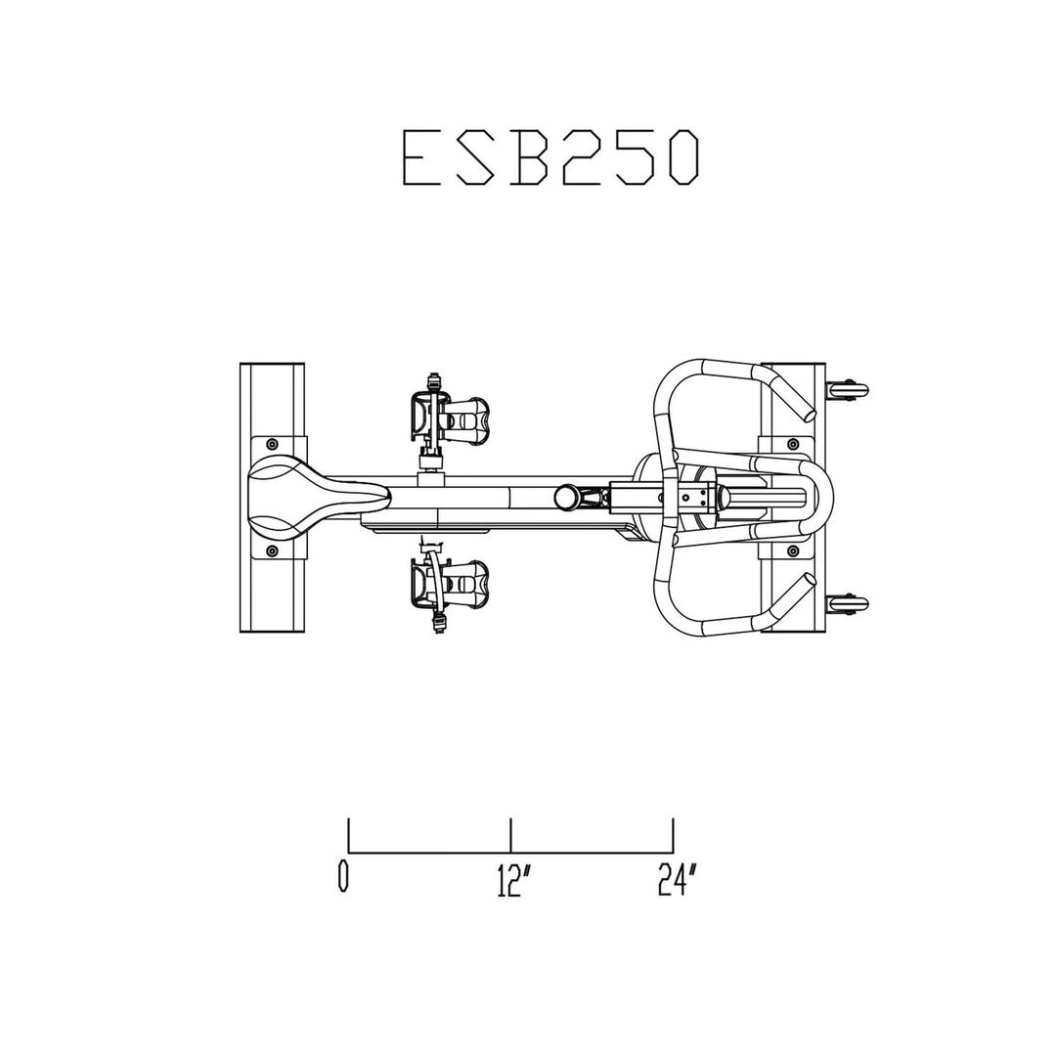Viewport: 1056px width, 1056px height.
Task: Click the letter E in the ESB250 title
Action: pos(424,157)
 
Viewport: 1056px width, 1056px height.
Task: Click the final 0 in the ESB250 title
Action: pos(684,157)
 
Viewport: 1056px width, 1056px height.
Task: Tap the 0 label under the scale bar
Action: pos(343,877)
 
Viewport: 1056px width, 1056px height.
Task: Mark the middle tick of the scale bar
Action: pos(510,835)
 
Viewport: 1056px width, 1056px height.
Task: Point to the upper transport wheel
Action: pos(847,390)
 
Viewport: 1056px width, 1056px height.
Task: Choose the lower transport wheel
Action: pos(847,605)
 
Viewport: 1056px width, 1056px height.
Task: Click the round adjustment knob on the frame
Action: pos(564,497)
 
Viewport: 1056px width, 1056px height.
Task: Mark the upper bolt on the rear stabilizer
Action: pos(272,443)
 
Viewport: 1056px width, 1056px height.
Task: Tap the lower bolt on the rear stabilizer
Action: pos(272,551)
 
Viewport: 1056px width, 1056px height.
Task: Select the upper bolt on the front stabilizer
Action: pos(790,443)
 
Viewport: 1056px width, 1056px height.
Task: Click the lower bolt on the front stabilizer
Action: pos(790,551)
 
